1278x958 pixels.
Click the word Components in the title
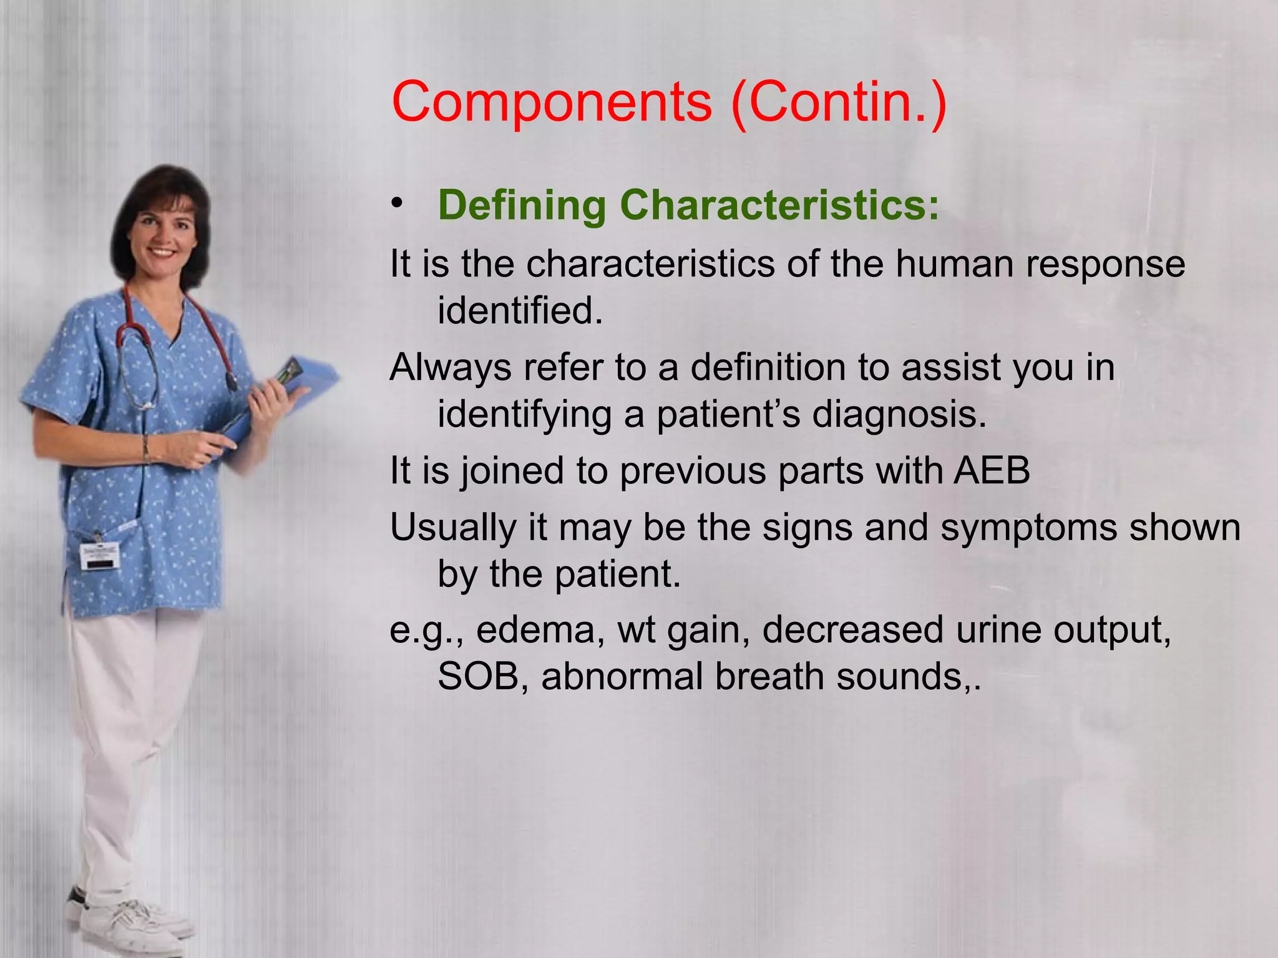click(552, 102)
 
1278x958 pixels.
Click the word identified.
click(520, 310)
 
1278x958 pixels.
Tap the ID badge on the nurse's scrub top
click(100, 554)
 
